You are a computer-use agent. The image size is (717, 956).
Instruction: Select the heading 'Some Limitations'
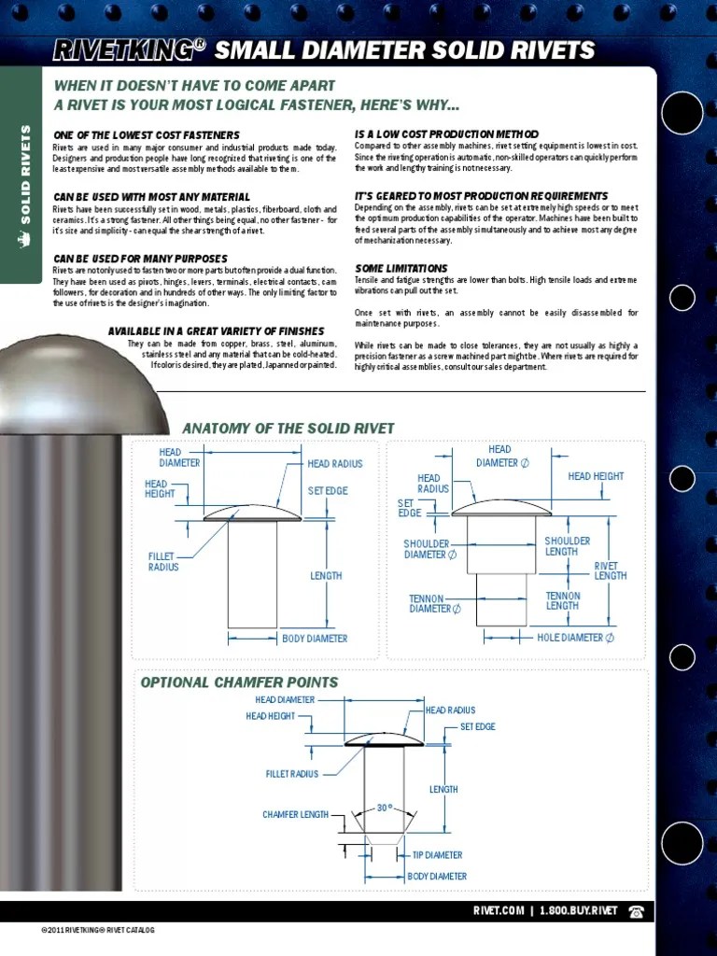[401, 269]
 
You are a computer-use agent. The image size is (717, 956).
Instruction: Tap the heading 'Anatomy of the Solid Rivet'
[288, 429]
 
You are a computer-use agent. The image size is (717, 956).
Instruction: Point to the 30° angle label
[384, 808]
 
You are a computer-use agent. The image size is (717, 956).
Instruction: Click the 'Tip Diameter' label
[437, 855]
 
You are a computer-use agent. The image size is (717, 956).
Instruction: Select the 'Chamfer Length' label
[295, 815]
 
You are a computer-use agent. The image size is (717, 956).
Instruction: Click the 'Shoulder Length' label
[568, 546]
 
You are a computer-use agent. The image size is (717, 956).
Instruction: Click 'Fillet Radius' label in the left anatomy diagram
[163, 562]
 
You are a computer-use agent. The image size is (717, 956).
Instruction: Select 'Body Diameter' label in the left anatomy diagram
[315, 639]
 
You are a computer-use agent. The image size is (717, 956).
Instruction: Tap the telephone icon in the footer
[637, 911]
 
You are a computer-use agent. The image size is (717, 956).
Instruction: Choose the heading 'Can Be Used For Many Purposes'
[140, 259]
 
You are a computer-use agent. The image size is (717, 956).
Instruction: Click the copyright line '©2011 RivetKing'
[97, 931]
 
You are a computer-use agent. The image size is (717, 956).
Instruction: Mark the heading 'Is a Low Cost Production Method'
[446, 135]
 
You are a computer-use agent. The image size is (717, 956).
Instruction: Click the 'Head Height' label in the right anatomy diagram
[596, 476]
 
